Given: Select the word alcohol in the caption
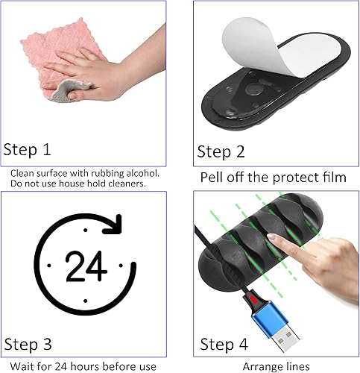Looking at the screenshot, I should click(139, 172).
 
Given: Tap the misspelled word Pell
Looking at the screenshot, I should click(214, 178).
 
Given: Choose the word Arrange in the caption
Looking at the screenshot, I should click(259, 366).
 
